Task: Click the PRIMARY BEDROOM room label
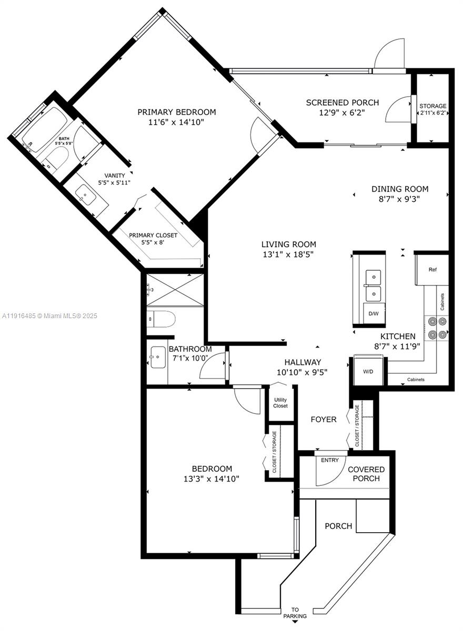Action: click(x=177, y=112)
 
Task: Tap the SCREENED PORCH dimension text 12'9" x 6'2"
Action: click(x=343, y=113)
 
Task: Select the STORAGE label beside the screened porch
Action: click(x=432, y=106)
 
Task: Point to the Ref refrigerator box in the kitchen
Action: click(x=432, y=270)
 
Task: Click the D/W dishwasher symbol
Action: click(x=373, y=313)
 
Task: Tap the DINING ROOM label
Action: click(x=399, y=189)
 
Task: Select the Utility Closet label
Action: click(x=280, y=403)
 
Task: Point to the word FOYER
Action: click(x=323, y=419)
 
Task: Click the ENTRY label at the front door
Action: click(x=330, y=461)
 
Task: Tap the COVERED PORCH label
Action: click(x=366, y=474)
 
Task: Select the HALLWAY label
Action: click(x=303, y=362)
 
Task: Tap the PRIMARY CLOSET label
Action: click(x=153, y=235)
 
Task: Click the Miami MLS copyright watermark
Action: click(x=50, y=316)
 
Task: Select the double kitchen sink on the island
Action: click(x=374, y=284)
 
